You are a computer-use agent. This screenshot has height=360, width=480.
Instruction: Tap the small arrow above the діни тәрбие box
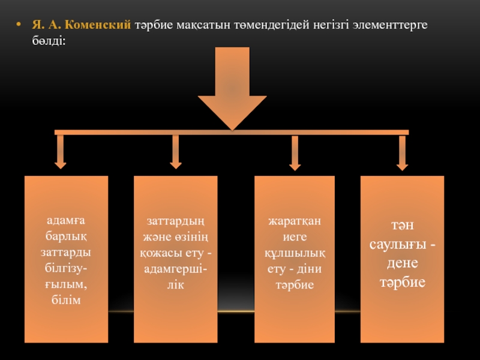coord(295,153)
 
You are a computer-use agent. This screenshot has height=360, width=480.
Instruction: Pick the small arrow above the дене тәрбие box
coord(402,153)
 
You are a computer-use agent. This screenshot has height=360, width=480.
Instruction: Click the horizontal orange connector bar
coord(232,132)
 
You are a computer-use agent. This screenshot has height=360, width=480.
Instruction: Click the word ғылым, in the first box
coord(66,286)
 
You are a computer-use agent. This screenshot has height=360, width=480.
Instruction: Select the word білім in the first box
coord(66,299)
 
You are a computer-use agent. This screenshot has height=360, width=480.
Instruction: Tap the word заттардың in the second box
coord(175,223)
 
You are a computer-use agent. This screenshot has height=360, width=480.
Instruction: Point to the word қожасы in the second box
coord(158,251)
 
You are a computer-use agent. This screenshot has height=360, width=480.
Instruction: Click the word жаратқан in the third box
coord(295,223)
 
